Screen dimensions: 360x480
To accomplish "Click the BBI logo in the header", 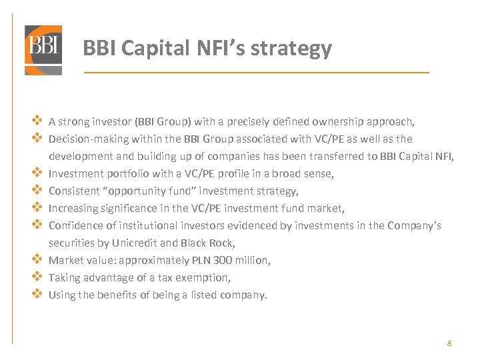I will point(43,50).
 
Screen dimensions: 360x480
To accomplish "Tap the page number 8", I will point(449,343).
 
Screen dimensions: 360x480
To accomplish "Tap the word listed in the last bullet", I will point(205,295).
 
